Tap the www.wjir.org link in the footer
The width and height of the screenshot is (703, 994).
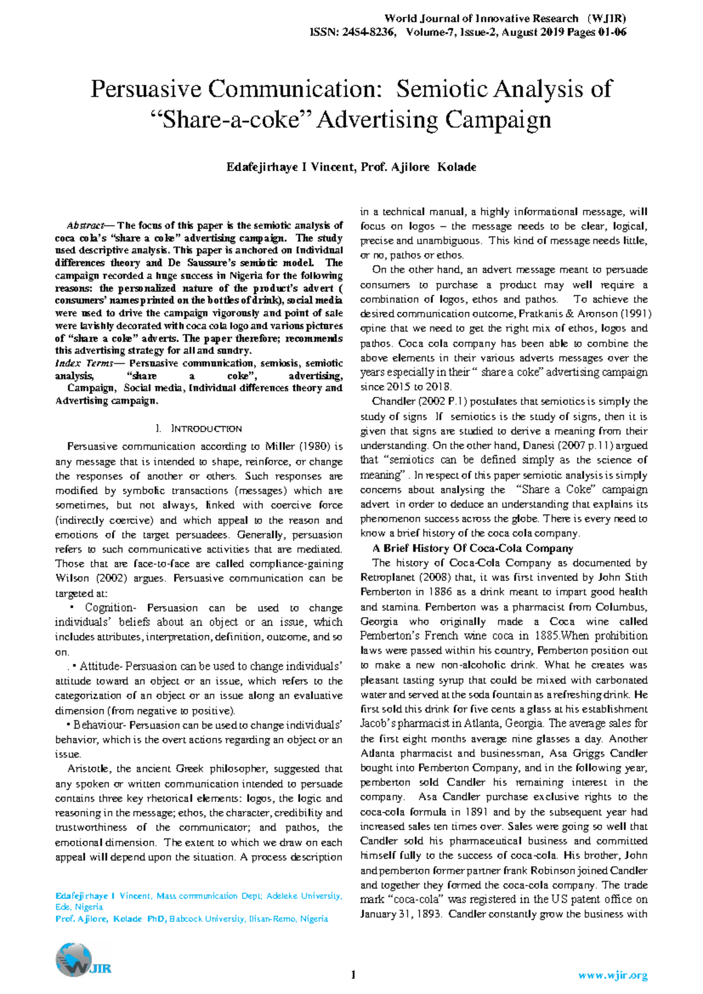click(x=612, y=976)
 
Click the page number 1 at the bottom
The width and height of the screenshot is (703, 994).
click(x=353, y=975)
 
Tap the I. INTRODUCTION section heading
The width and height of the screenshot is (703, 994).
click(x=199, y=429)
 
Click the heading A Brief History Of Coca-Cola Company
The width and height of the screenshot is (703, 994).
click(x=472, y=549)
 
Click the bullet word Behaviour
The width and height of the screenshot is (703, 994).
click(x=97, y=725)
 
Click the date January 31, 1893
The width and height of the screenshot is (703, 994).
click(x=400, y=914)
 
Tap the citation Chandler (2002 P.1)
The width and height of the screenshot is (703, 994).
click(x=419, y=402)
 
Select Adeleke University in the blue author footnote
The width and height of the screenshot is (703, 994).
click(x=303, y=896)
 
